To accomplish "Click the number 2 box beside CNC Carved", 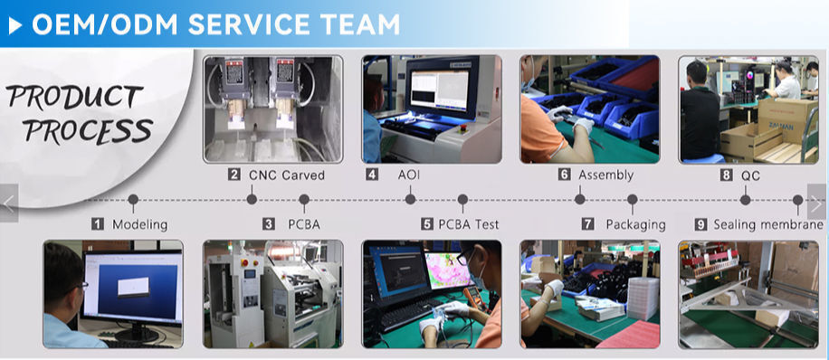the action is coord(234,175).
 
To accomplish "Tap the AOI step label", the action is coord(409,175).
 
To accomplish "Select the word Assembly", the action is coord(605,175).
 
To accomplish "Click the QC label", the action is coord(750,175).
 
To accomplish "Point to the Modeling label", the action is coord(139,224).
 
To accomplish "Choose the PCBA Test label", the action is coord(469,224).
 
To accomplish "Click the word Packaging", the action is coord(635,224).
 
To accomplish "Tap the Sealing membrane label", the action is coord(768,224).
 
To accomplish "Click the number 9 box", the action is coord(700,224).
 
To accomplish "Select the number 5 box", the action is coord(427,224).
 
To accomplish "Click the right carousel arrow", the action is coord(817,203).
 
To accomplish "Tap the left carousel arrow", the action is coord(9,203).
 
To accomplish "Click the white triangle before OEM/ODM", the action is coord(14,24).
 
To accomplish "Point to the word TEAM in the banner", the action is coord(359,24).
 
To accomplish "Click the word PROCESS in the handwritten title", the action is coord(89,130).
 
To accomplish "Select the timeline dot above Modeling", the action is coord(133,199).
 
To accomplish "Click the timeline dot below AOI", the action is coord(410,199).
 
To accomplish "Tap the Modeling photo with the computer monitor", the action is coord(113,294).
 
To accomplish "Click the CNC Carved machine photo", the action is coord(272,109).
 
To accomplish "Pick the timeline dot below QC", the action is coord(746,200).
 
